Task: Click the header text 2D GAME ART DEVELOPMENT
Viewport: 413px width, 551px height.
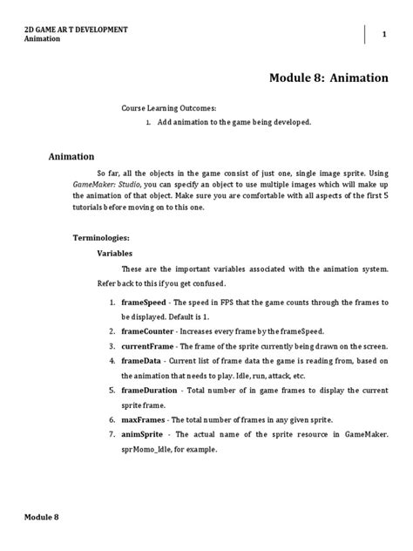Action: (76, 30)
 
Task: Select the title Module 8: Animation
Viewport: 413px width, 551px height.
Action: (329, 78)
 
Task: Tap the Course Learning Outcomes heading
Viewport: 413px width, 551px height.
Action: (168, 107)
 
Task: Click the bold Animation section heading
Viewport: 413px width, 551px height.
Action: (71, 157)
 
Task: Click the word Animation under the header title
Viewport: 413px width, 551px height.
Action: (43, 39)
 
